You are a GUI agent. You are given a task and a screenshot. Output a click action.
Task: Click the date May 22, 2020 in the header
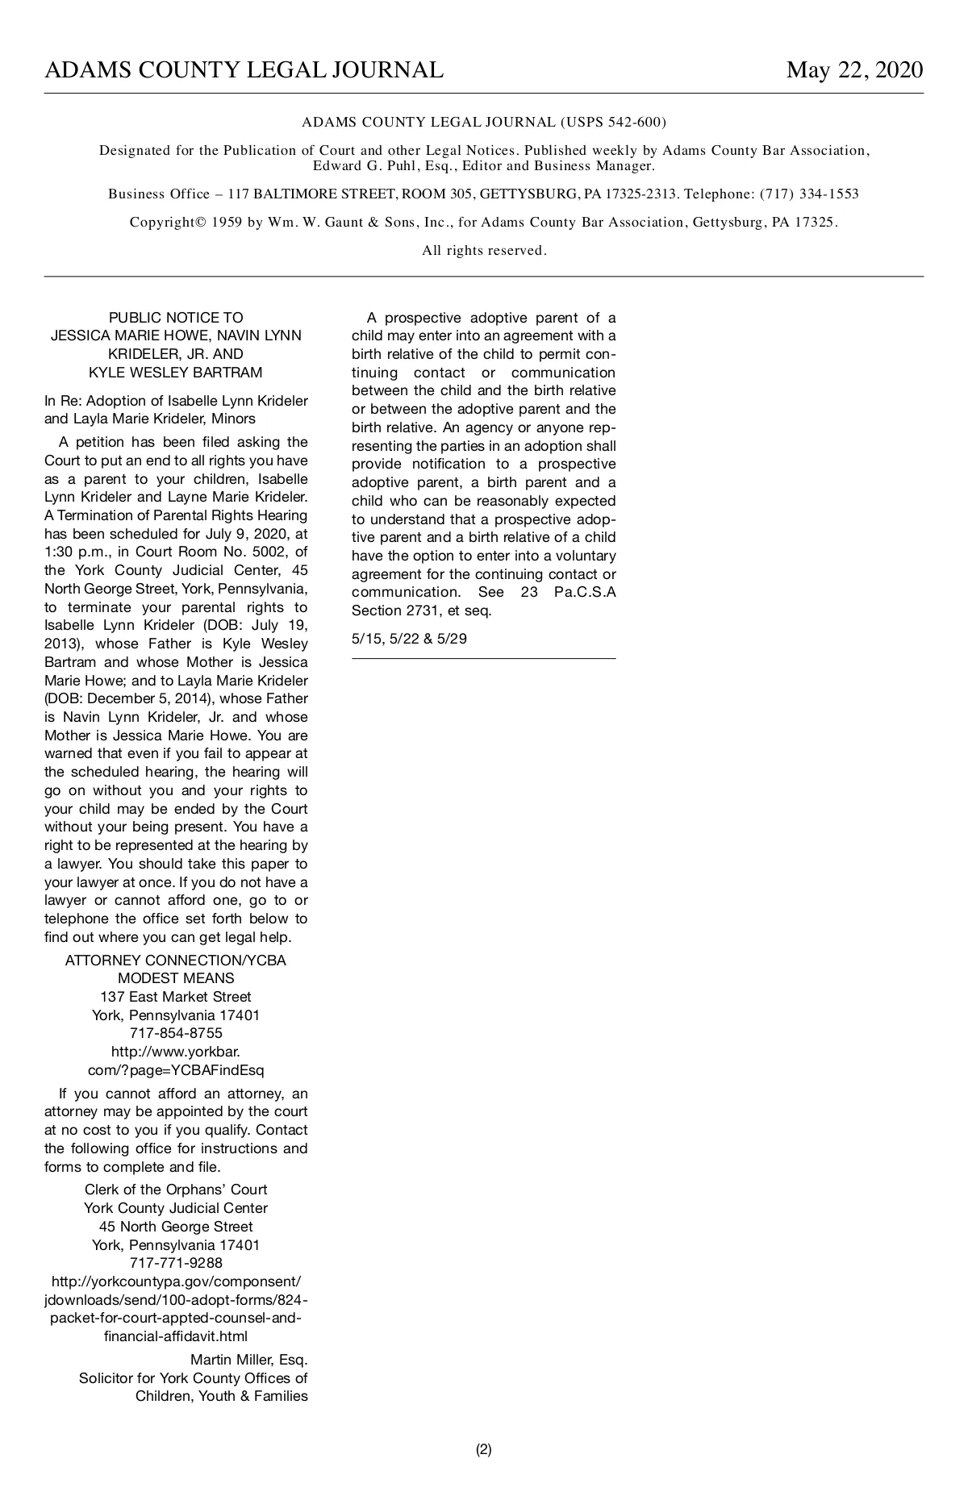pos(854,71)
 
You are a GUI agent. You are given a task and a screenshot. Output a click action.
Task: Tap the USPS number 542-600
pos(632,123)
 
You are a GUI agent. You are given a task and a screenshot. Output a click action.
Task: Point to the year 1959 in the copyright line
pos(227,223)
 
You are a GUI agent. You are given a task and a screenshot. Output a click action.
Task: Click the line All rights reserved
pos(484,251)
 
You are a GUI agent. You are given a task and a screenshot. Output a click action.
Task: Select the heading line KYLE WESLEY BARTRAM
pos(175,373)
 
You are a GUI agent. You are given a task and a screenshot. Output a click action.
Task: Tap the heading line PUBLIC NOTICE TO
pos(175,318)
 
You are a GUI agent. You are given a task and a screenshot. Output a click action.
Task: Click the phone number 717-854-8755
pos(175,1033)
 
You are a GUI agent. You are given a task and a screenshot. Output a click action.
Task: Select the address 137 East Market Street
pos(175,997)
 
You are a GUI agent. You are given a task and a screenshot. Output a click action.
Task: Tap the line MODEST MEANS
pos(175,978)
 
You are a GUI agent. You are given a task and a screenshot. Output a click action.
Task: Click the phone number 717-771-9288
pos(175,1263)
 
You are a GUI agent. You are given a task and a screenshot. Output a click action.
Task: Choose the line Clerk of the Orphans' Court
pos(175,1190)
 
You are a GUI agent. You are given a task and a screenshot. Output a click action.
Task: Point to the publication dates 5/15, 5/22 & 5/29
pos(409,639)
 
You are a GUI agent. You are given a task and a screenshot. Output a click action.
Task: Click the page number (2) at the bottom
pos(483,1449)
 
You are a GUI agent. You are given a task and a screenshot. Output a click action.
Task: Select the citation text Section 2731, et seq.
pos(421,611)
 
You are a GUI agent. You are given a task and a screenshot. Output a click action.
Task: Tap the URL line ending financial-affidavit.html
pos(175,1336)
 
